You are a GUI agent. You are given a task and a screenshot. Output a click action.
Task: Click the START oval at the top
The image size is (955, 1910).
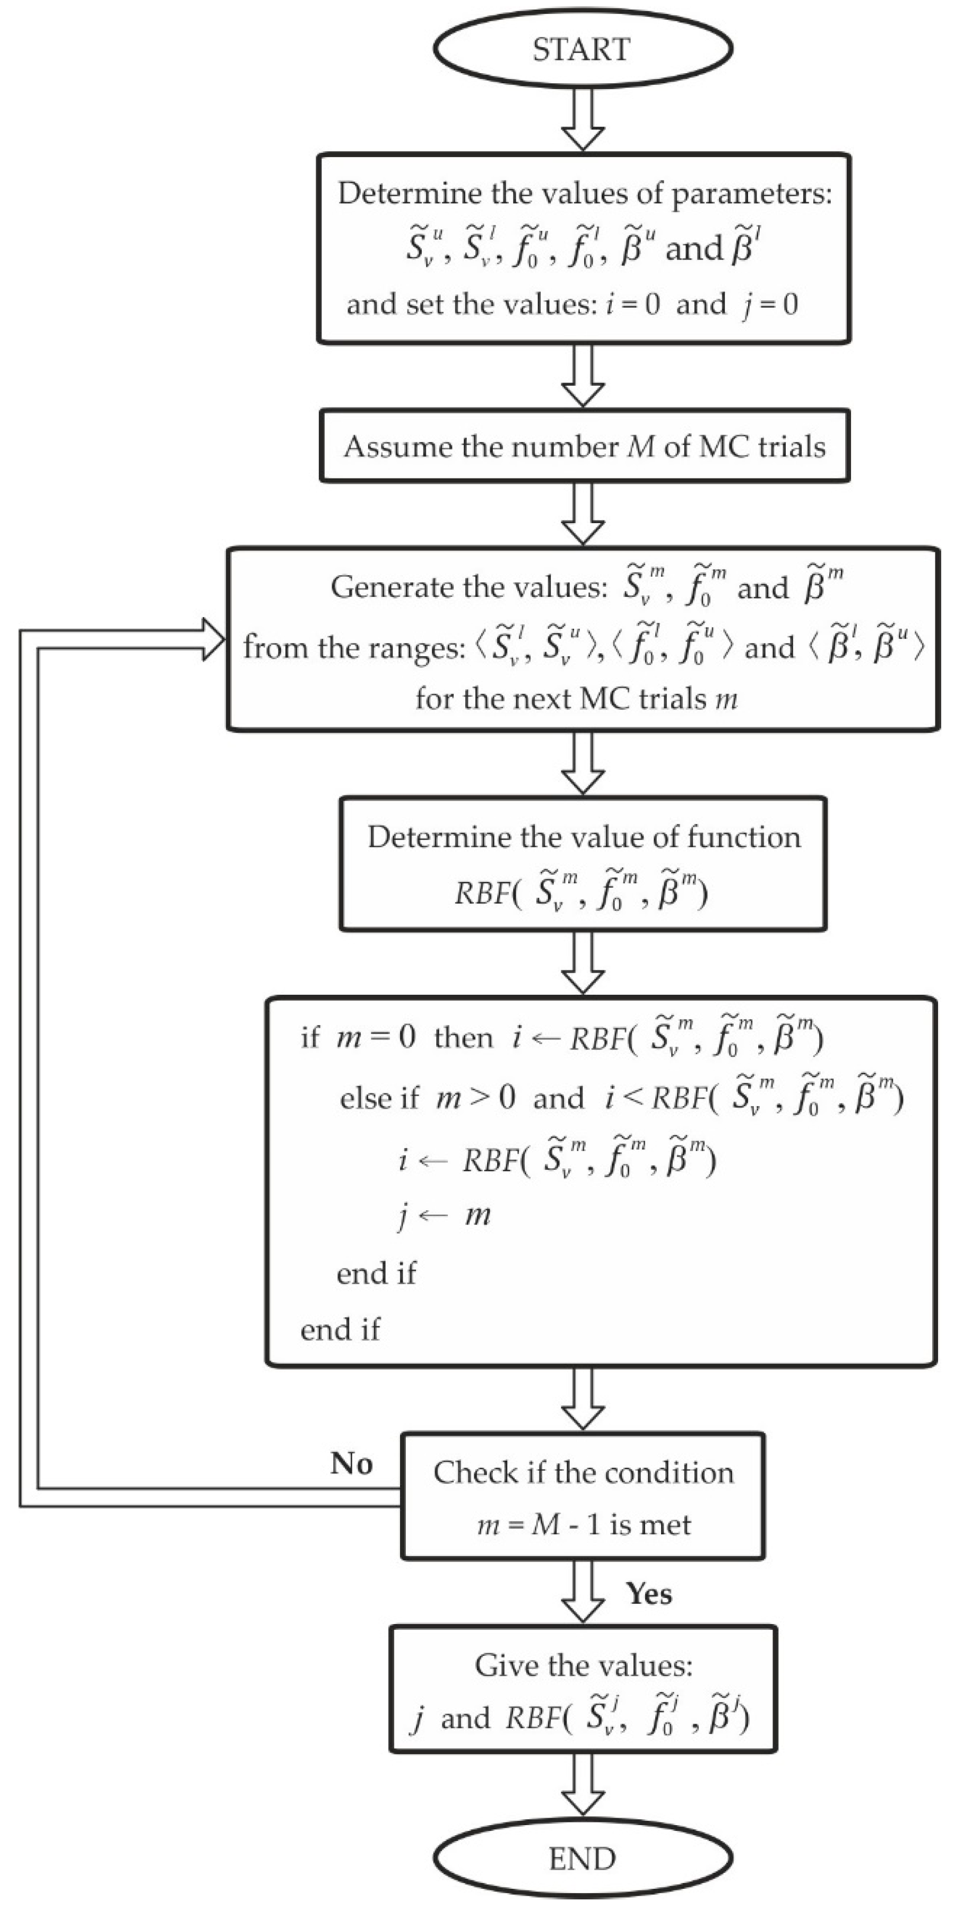(583, 49)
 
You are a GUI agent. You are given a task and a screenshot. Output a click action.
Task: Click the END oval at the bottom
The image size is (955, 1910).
(583, 1859)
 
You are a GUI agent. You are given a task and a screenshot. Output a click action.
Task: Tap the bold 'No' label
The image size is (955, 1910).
(351, 1463)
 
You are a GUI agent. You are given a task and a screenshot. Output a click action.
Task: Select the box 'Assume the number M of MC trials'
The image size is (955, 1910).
(584, 446)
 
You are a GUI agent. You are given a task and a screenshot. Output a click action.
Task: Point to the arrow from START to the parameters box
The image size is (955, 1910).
(583, 119)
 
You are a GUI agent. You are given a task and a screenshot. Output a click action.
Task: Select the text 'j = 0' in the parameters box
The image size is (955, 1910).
(770, 305)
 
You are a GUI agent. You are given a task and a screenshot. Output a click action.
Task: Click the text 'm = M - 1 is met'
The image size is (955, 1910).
(584, 1525)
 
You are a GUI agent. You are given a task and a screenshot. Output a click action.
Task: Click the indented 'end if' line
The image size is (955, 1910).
(376, 1273)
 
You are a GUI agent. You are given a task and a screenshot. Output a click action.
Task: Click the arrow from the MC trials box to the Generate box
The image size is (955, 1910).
(583, 513)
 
